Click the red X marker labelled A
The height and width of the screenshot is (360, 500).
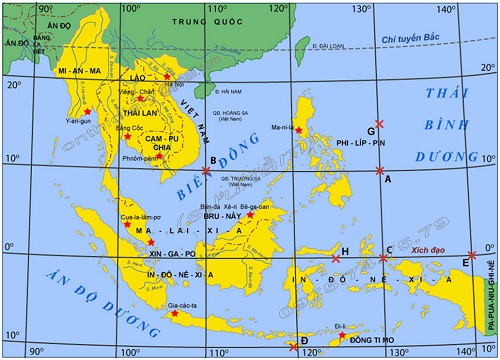coord(380,170)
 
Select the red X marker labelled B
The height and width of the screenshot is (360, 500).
coord(207,170)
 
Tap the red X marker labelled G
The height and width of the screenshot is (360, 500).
coord(379,122)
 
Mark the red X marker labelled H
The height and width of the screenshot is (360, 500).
coord(336,259)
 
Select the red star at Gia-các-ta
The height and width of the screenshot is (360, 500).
coord(175,314)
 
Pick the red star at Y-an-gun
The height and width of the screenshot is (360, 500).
coord(89,111)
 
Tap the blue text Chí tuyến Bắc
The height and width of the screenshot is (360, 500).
coord(410,39)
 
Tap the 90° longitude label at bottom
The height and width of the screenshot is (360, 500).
coord(37,351)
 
